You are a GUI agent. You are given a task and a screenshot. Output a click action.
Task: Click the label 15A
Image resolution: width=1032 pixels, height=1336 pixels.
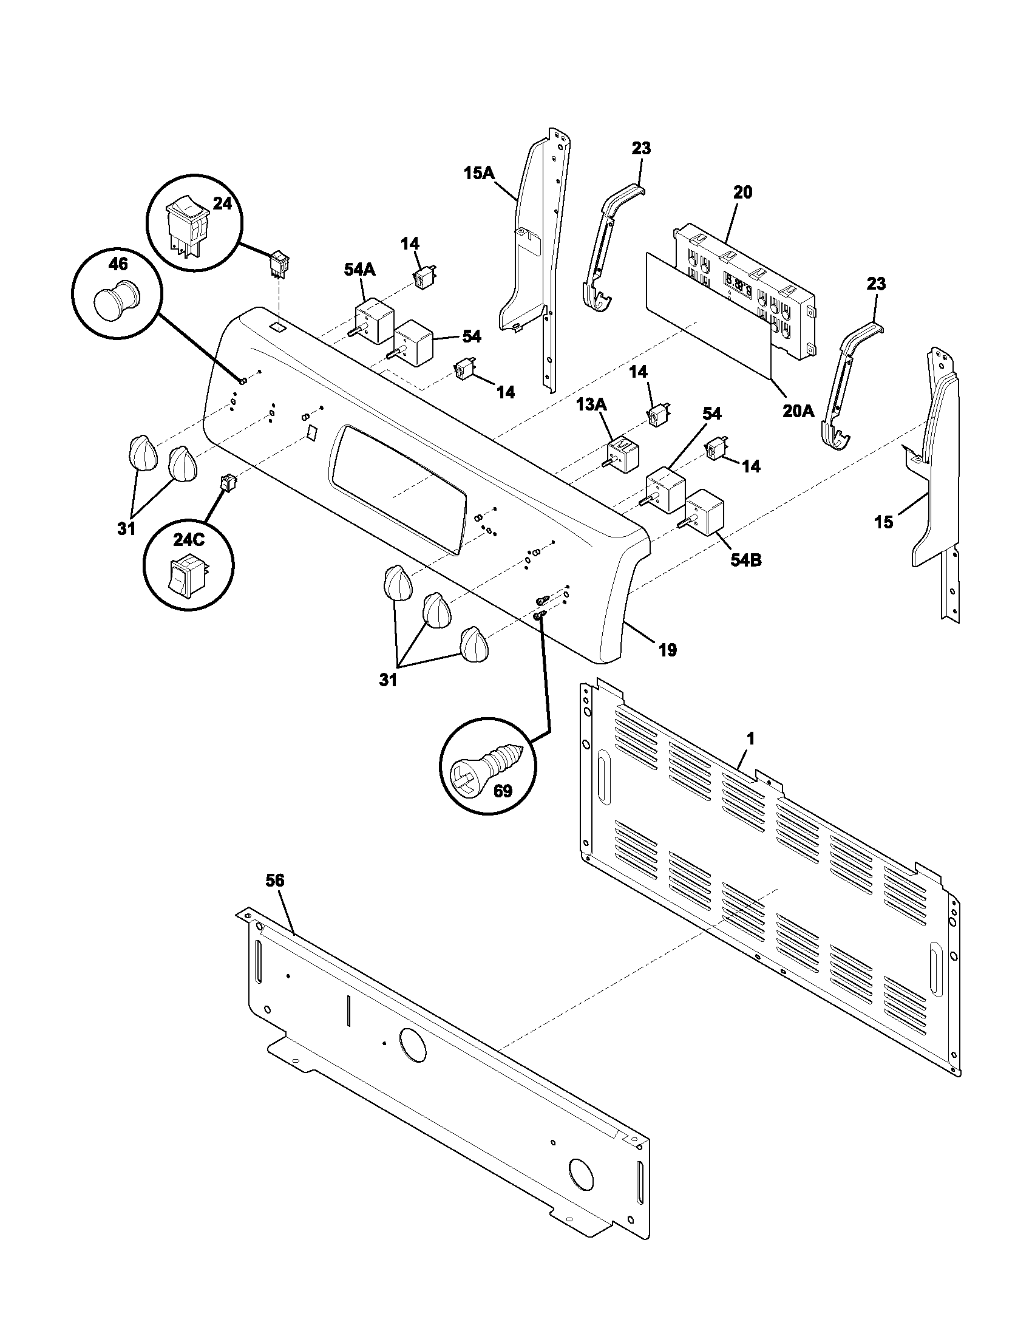pos(479,173)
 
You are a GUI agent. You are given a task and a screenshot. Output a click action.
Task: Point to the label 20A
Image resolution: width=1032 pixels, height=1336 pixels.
pos(798,411)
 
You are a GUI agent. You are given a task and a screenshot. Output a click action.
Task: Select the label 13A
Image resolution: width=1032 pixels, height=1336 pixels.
pos(591,404)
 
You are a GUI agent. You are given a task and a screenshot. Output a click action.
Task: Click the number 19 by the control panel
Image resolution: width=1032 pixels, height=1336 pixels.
pos(668,650)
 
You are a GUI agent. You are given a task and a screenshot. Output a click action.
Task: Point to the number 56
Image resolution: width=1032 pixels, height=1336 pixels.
pos(275,881)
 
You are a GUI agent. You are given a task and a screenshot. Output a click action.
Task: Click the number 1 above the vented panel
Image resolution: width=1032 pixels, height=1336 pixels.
pos(750,738)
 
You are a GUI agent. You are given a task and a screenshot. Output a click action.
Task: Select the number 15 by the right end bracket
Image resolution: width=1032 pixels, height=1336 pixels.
pos(883,522)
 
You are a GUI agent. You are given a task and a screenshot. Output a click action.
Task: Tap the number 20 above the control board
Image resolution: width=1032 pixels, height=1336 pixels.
pos(742,192)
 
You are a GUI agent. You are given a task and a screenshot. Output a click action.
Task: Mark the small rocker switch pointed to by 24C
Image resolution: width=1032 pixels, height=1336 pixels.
pos(228,483)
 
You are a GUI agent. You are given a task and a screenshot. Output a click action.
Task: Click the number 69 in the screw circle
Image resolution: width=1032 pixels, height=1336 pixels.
pos(502,791)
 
